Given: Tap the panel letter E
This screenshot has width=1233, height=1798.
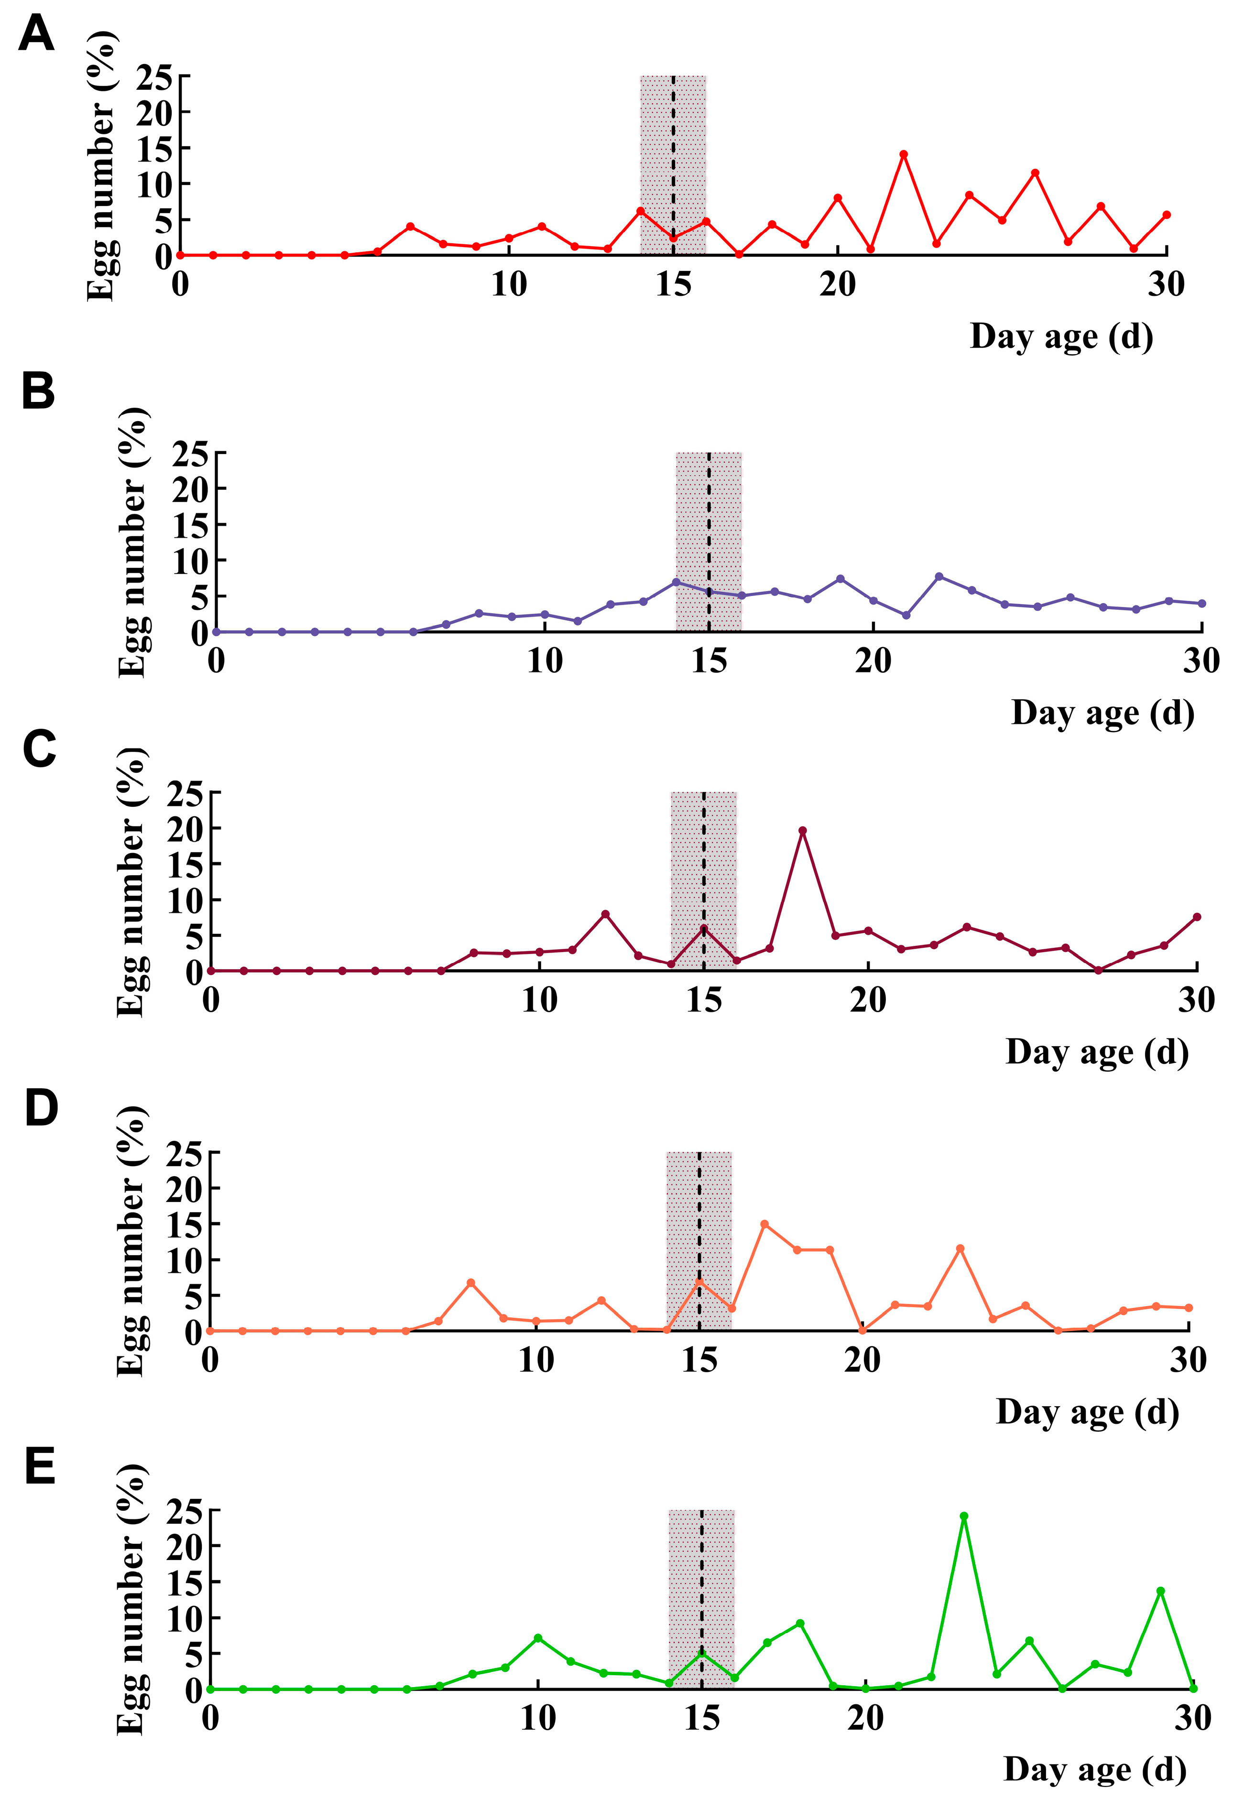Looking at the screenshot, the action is (40, 1466).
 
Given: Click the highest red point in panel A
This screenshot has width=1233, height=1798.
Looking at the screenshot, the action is (903, 154).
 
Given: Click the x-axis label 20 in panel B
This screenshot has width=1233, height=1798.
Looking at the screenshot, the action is (873, 661).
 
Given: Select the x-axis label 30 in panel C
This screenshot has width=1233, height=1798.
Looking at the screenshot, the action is (1197, 1000).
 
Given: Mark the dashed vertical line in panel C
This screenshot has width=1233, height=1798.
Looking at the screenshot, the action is (704, 881).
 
